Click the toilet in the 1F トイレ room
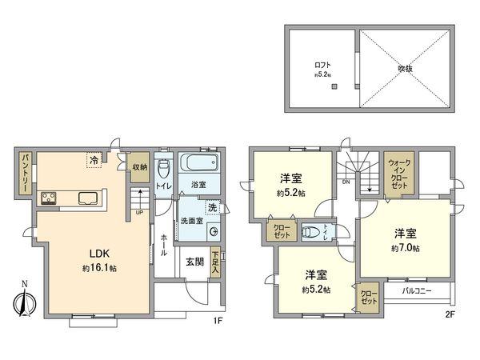(x=162, y=169)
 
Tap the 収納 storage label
(x=139, y=167)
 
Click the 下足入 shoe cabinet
(x=216, y=264)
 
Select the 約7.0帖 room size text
(x=406, y=248)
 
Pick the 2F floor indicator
(x=450, y=314)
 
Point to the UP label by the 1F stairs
(x=141, y=214)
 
